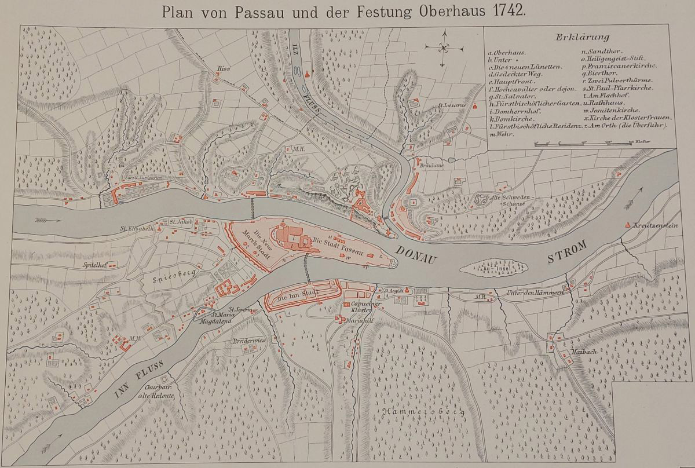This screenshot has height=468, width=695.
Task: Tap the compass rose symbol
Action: [x=444, y=47]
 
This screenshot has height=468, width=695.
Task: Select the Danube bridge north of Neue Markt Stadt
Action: [x=253, y=205]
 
